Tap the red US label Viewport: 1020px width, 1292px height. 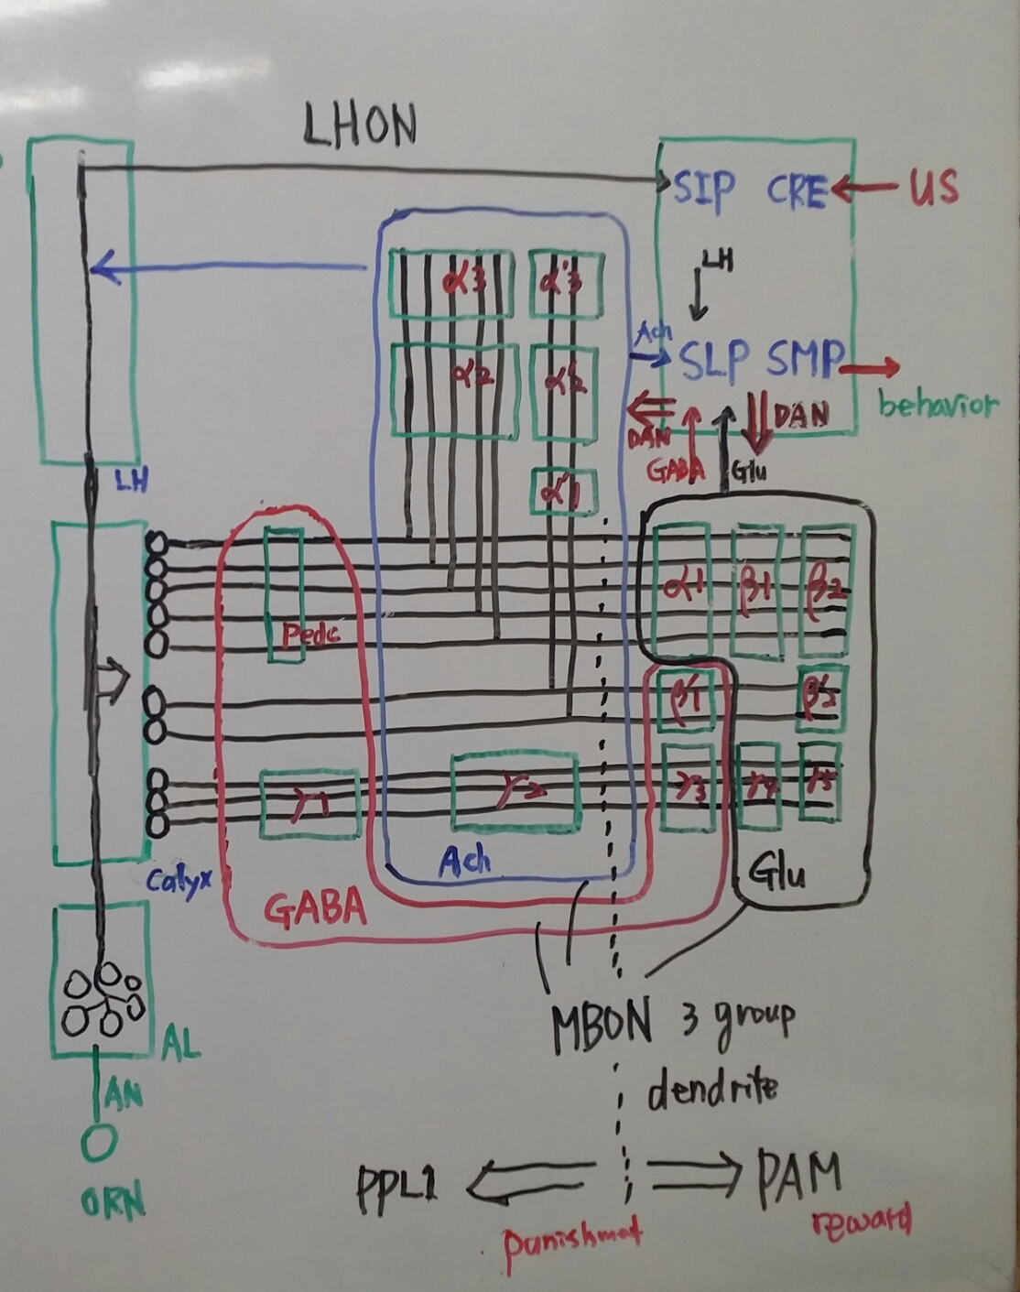coord(933,187)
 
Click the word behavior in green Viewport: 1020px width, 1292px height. coord(938,404)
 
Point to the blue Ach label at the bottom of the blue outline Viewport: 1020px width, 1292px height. coord(464,860)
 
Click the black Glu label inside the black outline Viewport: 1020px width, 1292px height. coord(777,873)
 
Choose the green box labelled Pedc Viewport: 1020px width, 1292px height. coord(284,595)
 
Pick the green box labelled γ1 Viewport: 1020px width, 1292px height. coord(309,804)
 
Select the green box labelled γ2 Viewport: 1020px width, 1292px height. coord(515,793)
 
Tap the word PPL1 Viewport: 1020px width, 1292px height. coord(397,1186)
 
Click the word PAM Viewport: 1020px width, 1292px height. coord(798,1178)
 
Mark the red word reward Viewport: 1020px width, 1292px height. coord(861,1222)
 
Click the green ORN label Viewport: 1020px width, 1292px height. coord(113,1202)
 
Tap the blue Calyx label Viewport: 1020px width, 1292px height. coord(179,883)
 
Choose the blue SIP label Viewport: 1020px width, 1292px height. coord(704,190)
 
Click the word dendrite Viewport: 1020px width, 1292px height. coord(712,1089)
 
